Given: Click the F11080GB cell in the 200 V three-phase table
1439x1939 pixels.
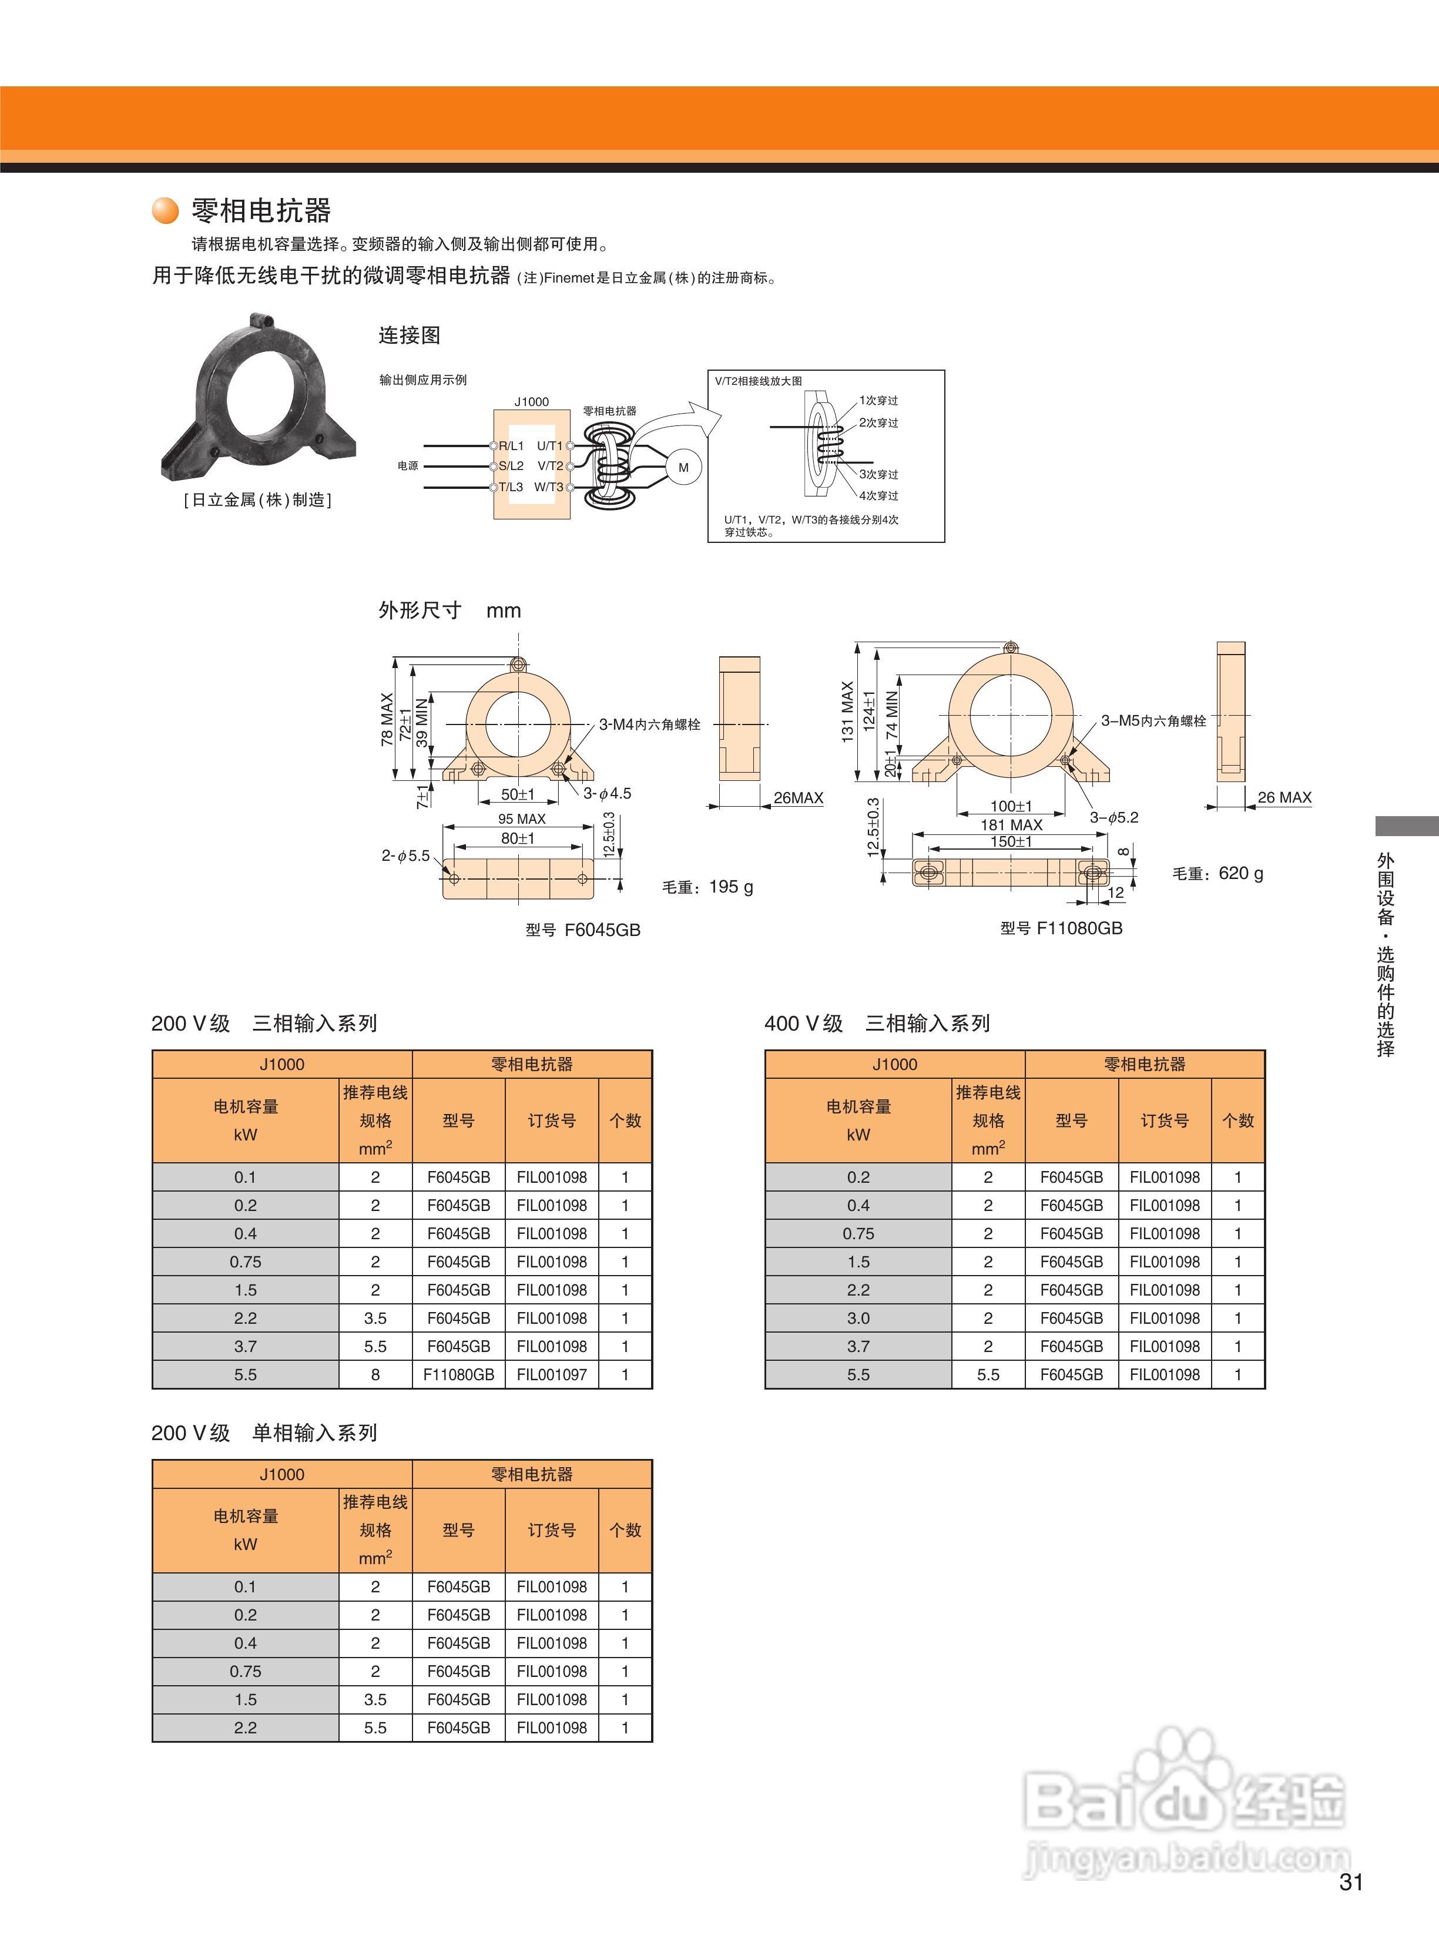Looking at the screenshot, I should click(458, 1374).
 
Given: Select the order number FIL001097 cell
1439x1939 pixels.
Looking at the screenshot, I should click(551, 1374).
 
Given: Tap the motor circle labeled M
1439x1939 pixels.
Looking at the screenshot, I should click(683, 468).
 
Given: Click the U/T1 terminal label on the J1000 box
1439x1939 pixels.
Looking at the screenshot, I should click(549, 445).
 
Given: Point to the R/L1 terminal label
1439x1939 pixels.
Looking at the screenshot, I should click(511, 445).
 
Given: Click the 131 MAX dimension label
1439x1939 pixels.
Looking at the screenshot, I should click(847, 712).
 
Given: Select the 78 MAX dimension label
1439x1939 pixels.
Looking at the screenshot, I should click(387, 719).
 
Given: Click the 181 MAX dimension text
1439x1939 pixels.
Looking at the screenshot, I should click(1011, 824).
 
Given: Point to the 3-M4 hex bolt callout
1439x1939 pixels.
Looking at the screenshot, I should click(649, 724).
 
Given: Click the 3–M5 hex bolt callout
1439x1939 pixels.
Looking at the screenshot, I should click(1153, 720).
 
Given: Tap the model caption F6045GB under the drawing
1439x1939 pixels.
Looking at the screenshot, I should click(583, 930).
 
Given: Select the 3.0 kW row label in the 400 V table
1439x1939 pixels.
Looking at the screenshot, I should click(858, 1318).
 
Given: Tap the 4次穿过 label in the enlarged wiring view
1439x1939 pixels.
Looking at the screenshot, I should click(878, 496).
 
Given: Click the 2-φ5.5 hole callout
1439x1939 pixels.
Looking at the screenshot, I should click(406, 856).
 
